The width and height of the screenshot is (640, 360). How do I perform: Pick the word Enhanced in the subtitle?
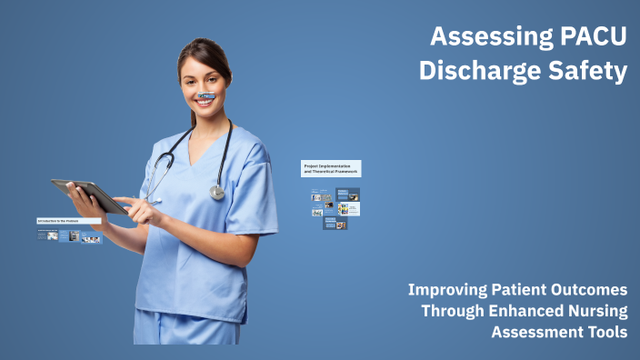pos(524,311)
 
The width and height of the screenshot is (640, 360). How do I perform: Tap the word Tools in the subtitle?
pos(606,332)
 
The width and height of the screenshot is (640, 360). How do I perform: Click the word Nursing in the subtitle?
pos(595,311)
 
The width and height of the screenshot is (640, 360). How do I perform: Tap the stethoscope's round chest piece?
pos(217,192)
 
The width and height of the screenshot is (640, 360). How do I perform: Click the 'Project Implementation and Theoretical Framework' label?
pos(331,169)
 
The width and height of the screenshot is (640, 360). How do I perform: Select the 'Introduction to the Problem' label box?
pos(68,221)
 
